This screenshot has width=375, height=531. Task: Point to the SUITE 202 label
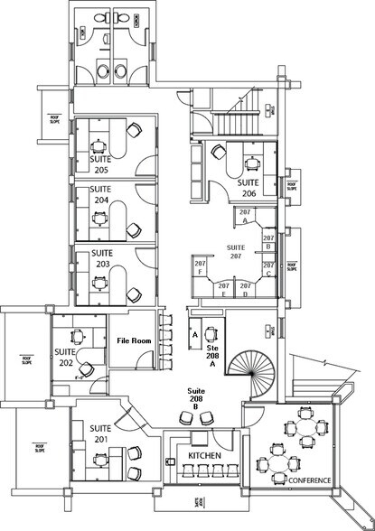[x=63, y=357]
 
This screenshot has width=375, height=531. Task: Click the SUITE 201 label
[x=99, y=433]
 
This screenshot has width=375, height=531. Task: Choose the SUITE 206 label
[x=249, y=187]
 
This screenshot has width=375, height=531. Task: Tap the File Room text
[x=133, y=340]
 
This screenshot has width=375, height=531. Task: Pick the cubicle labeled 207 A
[x=245, y=215]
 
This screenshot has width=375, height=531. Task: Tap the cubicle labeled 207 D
[x=245, y=290]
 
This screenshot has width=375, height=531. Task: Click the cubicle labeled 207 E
[x=223, y=290]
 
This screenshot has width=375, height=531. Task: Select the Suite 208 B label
[x=196, y=398]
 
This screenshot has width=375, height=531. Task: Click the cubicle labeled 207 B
[x=268, y=241]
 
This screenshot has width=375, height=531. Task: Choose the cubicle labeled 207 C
[x=268, y=267]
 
